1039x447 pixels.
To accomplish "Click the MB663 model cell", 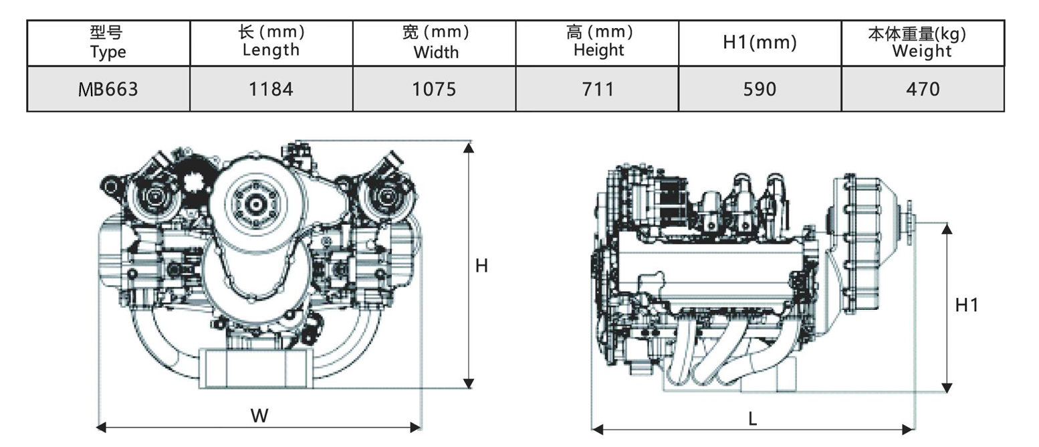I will click(x=108, y=88).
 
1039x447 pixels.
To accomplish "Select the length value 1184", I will click(x=271, y=88).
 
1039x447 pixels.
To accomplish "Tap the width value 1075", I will click(x=434, y=88).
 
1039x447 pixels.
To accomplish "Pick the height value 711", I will click(x=598, y=88).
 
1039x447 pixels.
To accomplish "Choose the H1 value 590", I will click(x=760, y=88).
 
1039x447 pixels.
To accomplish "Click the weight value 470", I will click(x=923, y=88).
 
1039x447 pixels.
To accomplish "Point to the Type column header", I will click(x=108, y=42).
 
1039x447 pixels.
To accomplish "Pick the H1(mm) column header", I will click(x=760, y=43).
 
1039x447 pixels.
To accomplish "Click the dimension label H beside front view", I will click(x=481, y=266).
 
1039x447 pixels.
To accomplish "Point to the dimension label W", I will click(x=259, y=416).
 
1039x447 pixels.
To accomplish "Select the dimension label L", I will click(x=752, y=419).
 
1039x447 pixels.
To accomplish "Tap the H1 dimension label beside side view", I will click(x=966, y=305).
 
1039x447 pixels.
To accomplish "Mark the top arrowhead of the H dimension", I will click(x=469, y=148).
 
